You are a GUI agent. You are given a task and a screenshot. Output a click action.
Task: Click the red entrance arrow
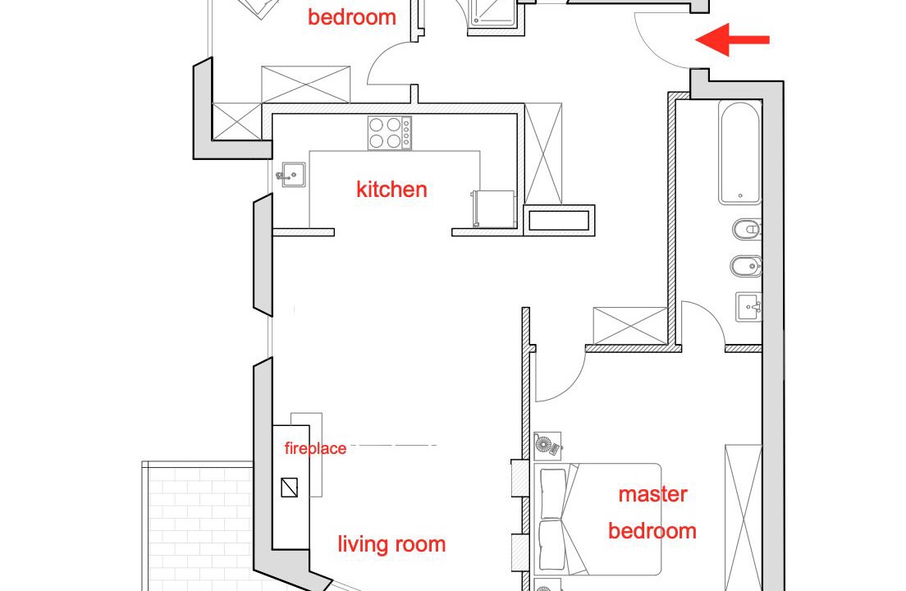coord(732,40)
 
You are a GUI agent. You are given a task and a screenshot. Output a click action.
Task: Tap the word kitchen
coord(391,190)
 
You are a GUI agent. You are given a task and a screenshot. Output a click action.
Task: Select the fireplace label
coord(315,448)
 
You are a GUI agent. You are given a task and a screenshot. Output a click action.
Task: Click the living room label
coord(391,544)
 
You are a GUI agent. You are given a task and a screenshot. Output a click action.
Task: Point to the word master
coord(653,494)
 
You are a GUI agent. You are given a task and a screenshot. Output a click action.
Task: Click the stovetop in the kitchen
coord(390,133)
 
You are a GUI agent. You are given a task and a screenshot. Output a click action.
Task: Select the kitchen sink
coord(292,174)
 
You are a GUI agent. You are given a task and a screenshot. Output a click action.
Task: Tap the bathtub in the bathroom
coord(740,153)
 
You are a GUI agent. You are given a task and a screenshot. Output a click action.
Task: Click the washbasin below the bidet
coord(748,307)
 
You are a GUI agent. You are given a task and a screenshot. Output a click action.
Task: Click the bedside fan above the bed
coord(547,446)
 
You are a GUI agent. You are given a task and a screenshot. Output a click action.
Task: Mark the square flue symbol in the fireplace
coord(290,488)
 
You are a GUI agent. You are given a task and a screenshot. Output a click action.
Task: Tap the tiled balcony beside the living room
coord(198,525)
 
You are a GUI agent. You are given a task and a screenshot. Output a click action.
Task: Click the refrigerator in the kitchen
coord(493,208)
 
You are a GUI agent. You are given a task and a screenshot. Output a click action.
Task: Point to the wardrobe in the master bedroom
coord(743,518)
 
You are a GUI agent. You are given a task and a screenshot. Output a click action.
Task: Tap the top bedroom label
coord(352,16)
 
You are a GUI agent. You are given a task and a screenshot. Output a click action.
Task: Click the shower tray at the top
coord(491,12)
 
